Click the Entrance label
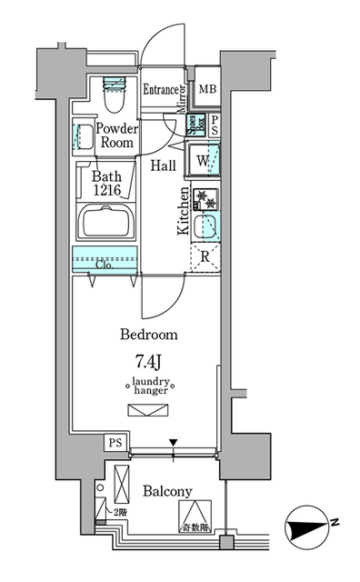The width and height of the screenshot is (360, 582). pos(163,89)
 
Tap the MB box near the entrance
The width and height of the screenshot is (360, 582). pos(207,89)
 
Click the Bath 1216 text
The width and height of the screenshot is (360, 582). pos(111,185)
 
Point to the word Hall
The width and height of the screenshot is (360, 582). pos(164,166)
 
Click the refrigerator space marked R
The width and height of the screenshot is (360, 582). pos(205,257)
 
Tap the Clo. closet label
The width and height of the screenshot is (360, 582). pos(105,266)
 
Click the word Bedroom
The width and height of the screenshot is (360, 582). pos(149,334)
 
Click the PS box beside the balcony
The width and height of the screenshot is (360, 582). pos(115,443)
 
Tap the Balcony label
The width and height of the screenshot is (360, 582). pos(167,491)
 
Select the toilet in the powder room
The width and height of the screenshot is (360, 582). pos(115,87)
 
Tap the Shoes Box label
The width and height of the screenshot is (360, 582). pos(194,125)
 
